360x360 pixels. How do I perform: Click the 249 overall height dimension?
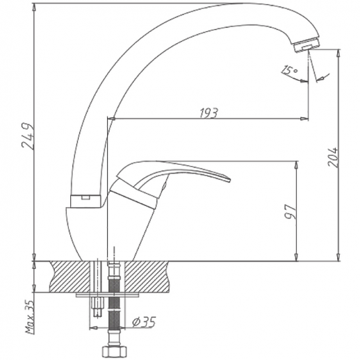coord(28,136)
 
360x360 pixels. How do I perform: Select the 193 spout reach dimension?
coord(208,113)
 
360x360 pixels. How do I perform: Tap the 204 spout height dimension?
coord(333,157)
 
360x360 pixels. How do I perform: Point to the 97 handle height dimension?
coord(291,211)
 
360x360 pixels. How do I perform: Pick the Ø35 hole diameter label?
coord(144,322)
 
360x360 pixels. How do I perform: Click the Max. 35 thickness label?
coord(30,317)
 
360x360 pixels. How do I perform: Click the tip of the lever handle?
coord(230,180)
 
